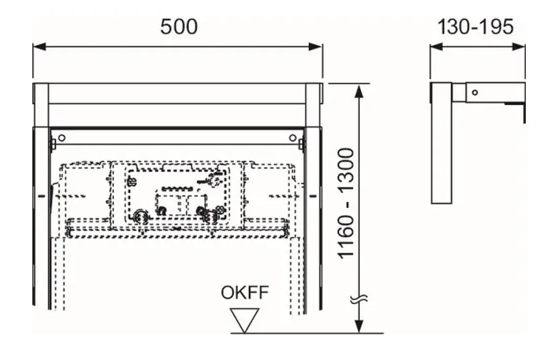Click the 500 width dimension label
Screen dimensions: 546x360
click(x=179, y=27)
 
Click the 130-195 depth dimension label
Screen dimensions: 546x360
click(x=475, y=27)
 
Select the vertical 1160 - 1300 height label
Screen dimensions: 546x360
click(x=346, y=204)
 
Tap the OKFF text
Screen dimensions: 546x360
click(x=245, y=293)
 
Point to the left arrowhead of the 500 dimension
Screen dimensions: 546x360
click(x=39, y=47)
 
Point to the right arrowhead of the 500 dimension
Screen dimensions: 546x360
click(x=315, y=47)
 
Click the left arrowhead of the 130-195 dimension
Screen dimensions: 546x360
click(x=436, y=47)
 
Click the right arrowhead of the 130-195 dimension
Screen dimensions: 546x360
click(x=519, y=47)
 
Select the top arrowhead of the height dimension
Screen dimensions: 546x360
click(x=359, y=90)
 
